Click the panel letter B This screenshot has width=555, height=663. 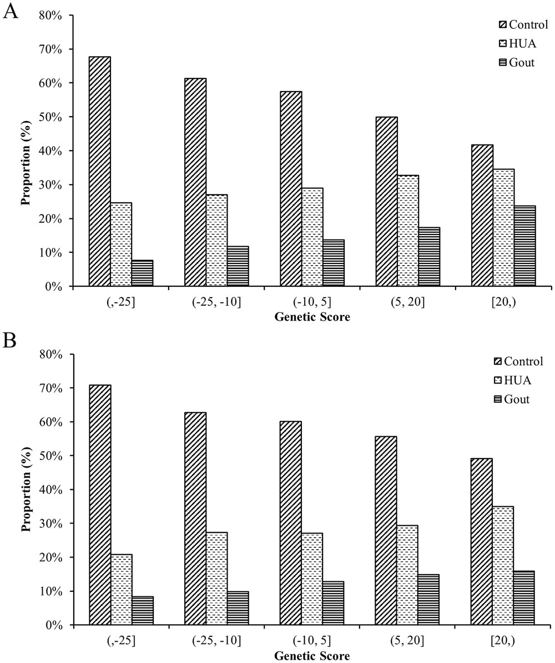(9, 340)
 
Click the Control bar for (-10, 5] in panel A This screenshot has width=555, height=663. (291, 188)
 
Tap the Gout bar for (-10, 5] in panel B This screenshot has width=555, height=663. (334, 603)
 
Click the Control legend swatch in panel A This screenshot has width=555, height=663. (503, 24)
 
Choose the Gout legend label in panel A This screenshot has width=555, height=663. (522, 62)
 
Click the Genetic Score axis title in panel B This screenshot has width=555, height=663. (312, 656)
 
